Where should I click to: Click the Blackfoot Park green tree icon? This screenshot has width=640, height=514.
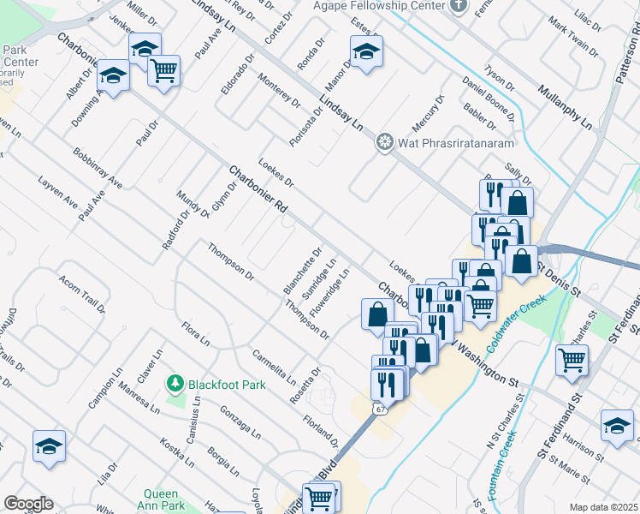point(175,382)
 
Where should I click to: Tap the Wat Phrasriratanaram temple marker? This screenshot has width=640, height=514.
point(385,141)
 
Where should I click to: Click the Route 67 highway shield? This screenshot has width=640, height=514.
point(377,409)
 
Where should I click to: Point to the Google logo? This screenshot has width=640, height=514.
point(28,503)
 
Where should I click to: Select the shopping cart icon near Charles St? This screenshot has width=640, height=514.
point(572,359)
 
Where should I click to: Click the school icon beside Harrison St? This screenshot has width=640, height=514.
point(617,426)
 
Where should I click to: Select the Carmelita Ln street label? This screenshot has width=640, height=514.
point(273,367)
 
